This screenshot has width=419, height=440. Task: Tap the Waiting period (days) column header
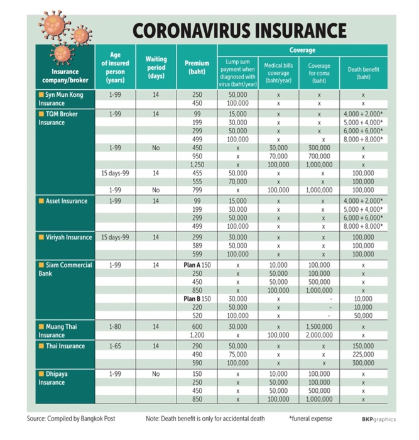click(x=156, y=67)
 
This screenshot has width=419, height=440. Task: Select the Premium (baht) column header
click(x=197, y=67)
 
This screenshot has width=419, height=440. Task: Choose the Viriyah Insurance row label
click(x=69, y=237)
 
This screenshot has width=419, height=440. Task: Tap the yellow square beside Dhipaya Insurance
click(x=41, y=373)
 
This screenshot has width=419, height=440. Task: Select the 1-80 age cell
click(x=115, y=326)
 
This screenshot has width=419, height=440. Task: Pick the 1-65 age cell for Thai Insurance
click(x=115, y=346)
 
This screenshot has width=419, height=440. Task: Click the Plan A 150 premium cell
click(x=197, y=265)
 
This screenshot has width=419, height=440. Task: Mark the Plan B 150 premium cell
click(x=197, y=299)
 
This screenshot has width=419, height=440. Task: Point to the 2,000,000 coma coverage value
click(x=319, y=335)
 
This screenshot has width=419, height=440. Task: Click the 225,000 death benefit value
click(x=363, y=355)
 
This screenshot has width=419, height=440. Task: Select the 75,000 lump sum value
click(x=237, y=355)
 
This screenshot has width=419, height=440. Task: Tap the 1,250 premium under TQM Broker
click(x=197, y=165)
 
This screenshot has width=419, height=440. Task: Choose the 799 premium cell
click(x=197, y=189)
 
